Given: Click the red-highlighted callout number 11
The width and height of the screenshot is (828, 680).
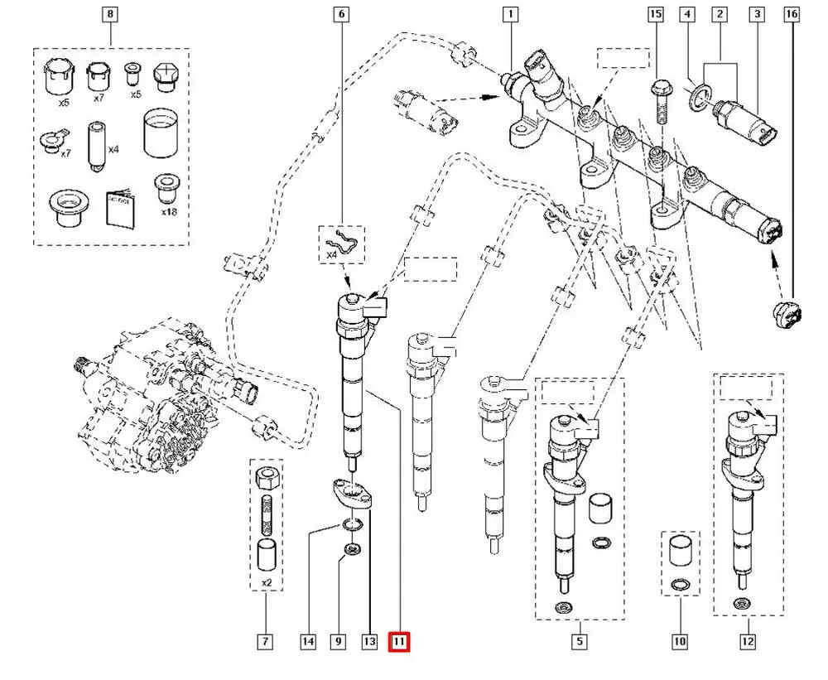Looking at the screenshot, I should [x=400, y=641].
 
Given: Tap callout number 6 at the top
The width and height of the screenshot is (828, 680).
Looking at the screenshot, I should [x=341, y=14].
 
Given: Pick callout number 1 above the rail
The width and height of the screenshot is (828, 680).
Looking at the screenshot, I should [x=511, y=14].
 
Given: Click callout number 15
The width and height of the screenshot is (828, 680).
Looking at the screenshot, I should [x=656, y=14].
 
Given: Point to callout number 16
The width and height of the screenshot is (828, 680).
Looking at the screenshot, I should [x=792, y=14].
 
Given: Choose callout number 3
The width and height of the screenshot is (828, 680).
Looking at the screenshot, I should [x=756, y=14].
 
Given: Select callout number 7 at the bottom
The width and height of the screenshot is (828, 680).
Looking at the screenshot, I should [x=265, y=641].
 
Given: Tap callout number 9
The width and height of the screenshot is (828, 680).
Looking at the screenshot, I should [x=339, y=641].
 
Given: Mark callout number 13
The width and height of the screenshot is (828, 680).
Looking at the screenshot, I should [x=369, y=641].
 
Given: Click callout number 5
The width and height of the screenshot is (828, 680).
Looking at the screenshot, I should [x=580, y=641].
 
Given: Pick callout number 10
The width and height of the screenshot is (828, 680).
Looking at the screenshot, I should [x=680, y=641].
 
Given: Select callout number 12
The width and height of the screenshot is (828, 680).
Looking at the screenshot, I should [x=748, y=641].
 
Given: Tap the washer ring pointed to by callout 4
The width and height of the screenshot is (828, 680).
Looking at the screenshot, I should [x=700, y=94].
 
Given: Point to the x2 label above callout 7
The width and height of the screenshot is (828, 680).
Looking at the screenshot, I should [x=266, y=582].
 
